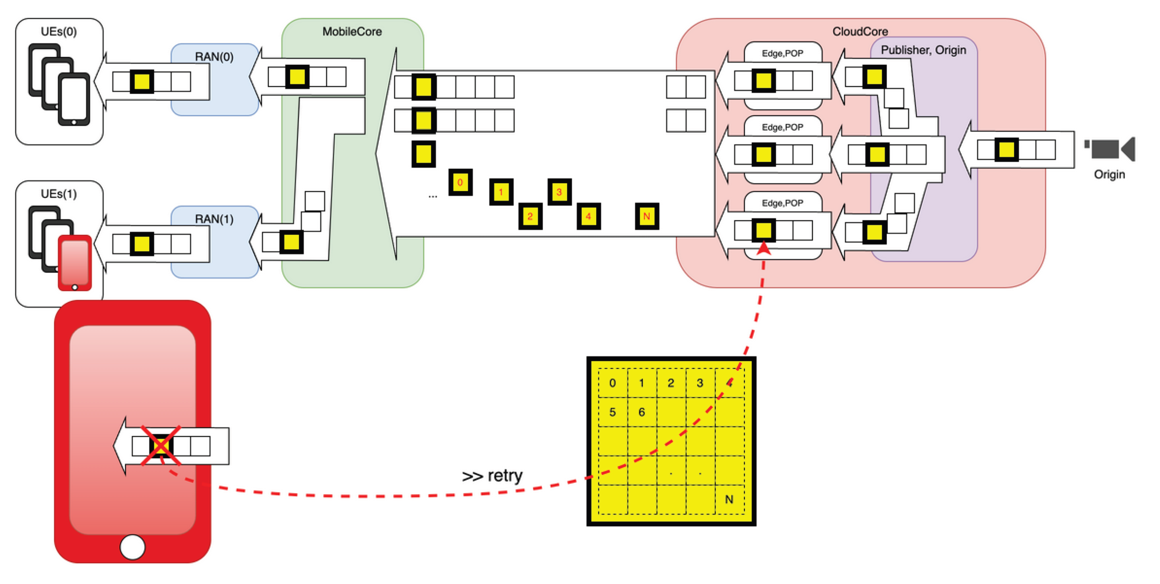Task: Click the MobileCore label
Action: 352,32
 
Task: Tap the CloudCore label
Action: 860,32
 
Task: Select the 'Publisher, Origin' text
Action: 923,50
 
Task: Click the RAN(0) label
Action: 214,57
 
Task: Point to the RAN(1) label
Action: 214,219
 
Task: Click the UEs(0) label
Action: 59,32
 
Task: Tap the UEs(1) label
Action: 59,194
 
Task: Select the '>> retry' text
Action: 492,475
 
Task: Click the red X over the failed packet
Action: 161,445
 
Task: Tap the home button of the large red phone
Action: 132,547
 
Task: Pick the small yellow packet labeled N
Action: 647,216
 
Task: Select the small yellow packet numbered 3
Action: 559,192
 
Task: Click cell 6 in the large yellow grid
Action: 641,412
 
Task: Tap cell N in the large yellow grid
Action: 729,499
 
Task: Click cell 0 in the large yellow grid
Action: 613,383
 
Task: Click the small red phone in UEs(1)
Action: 75,263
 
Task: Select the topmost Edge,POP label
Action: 782,54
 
